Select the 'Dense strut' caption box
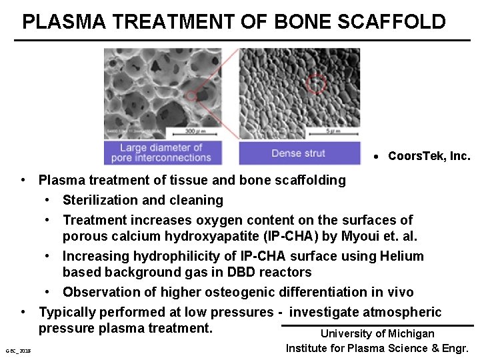point(298,153)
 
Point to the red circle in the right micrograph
point(317,84)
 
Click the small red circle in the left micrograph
point(191,96)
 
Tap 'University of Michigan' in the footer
point(377,333)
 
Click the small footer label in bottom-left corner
point(18,351)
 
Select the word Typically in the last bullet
point(68,312)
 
